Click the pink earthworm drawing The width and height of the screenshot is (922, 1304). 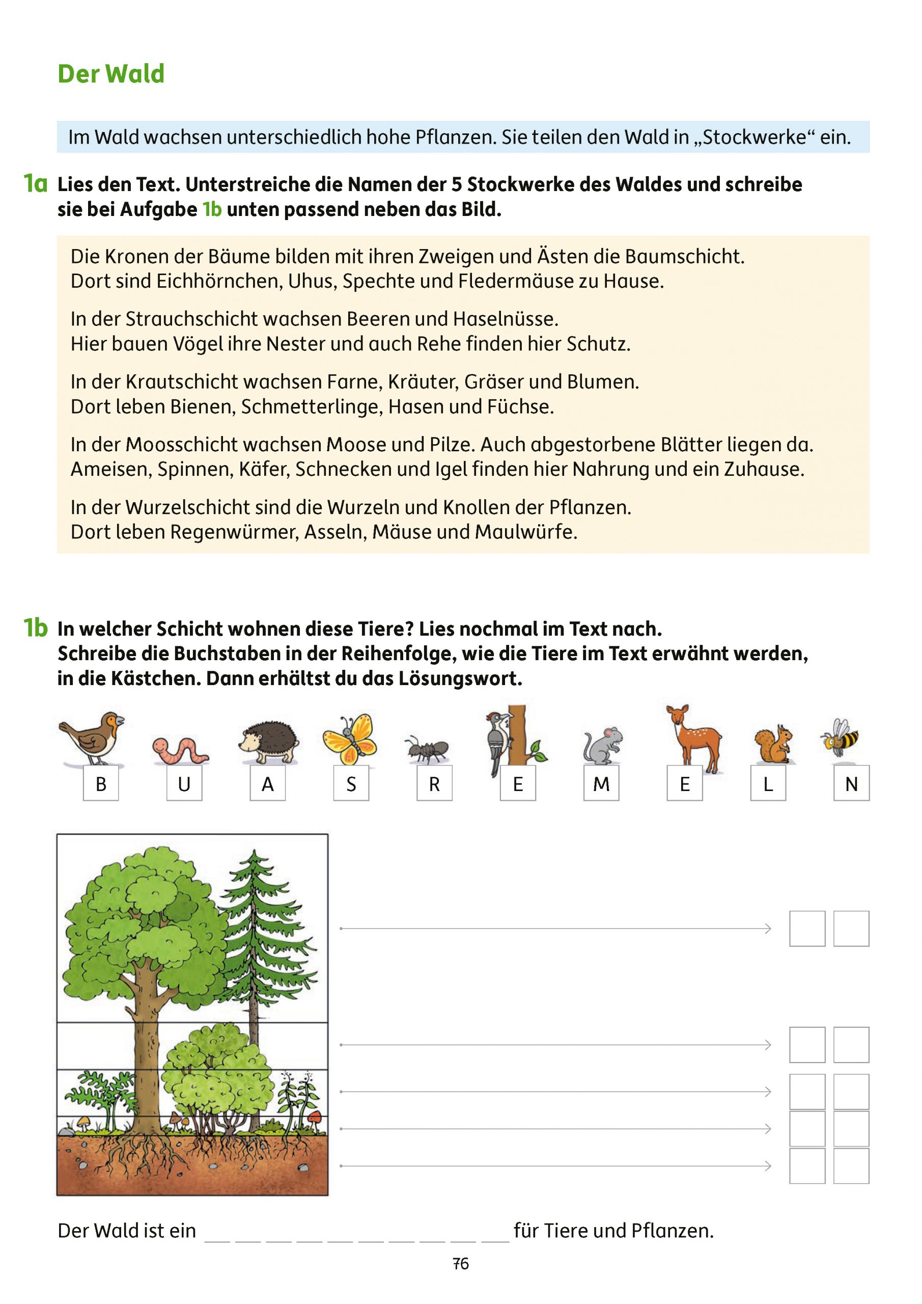tap(180, 749)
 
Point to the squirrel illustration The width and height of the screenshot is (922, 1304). tap(773, 744)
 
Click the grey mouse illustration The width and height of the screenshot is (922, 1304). tap(603, 745)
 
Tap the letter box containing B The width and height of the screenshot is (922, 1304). tap(101, 784)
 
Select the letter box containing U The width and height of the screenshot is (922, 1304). tap(184, 784)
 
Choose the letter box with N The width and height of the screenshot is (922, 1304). tap(851, 784)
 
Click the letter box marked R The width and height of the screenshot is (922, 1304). tap(434, 784)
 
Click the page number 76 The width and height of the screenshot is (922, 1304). tap(460, 1264)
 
